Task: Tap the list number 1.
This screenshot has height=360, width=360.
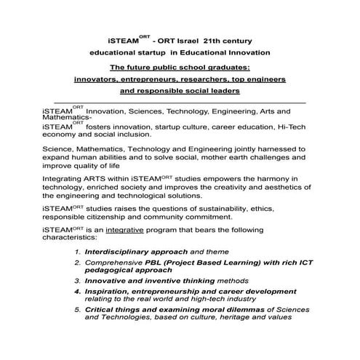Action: click(77, 251)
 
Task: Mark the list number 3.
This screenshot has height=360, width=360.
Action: click(77, 280)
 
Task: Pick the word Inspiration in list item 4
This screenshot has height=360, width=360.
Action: click(110, 290)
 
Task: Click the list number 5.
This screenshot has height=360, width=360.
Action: click(77, 309)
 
